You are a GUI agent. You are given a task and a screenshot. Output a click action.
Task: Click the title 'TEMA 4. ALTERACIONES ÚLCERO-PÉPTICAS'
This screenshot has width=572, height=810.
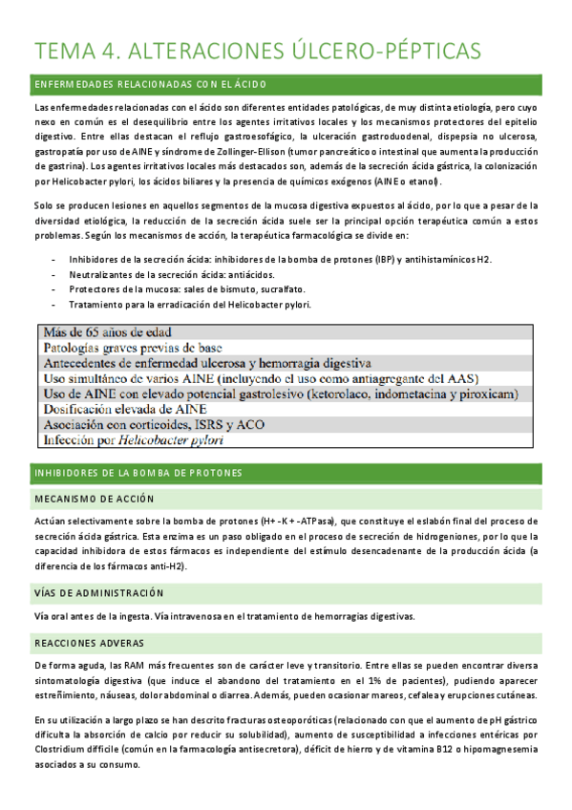(257, 51)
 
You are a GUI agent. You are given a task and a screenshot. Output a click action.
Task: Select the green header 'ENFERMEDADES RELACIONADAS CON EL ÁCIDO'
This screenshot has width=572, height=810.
(150, 85)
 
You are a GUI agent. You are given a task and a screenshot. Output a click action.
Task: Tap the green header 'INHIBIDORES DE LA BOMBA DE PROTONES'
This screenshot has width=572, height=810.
(138, 473)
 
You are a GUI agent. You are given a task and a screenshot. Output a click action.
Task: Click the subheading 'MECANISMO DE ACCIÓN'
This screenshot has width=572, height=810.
(95, 500)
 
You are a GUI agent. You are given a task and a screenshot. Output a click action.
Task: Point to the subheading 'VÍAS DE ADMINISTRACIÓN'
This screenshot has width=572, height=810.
(99, 592)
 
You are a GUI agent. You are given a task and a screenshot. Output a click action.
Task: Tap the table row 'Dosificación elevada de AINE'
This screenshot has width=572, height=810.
(125, 409)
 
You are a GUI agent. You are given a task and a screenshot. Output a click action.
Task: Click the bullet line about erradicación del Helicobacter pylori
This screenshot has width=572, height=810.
(191, 305)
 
